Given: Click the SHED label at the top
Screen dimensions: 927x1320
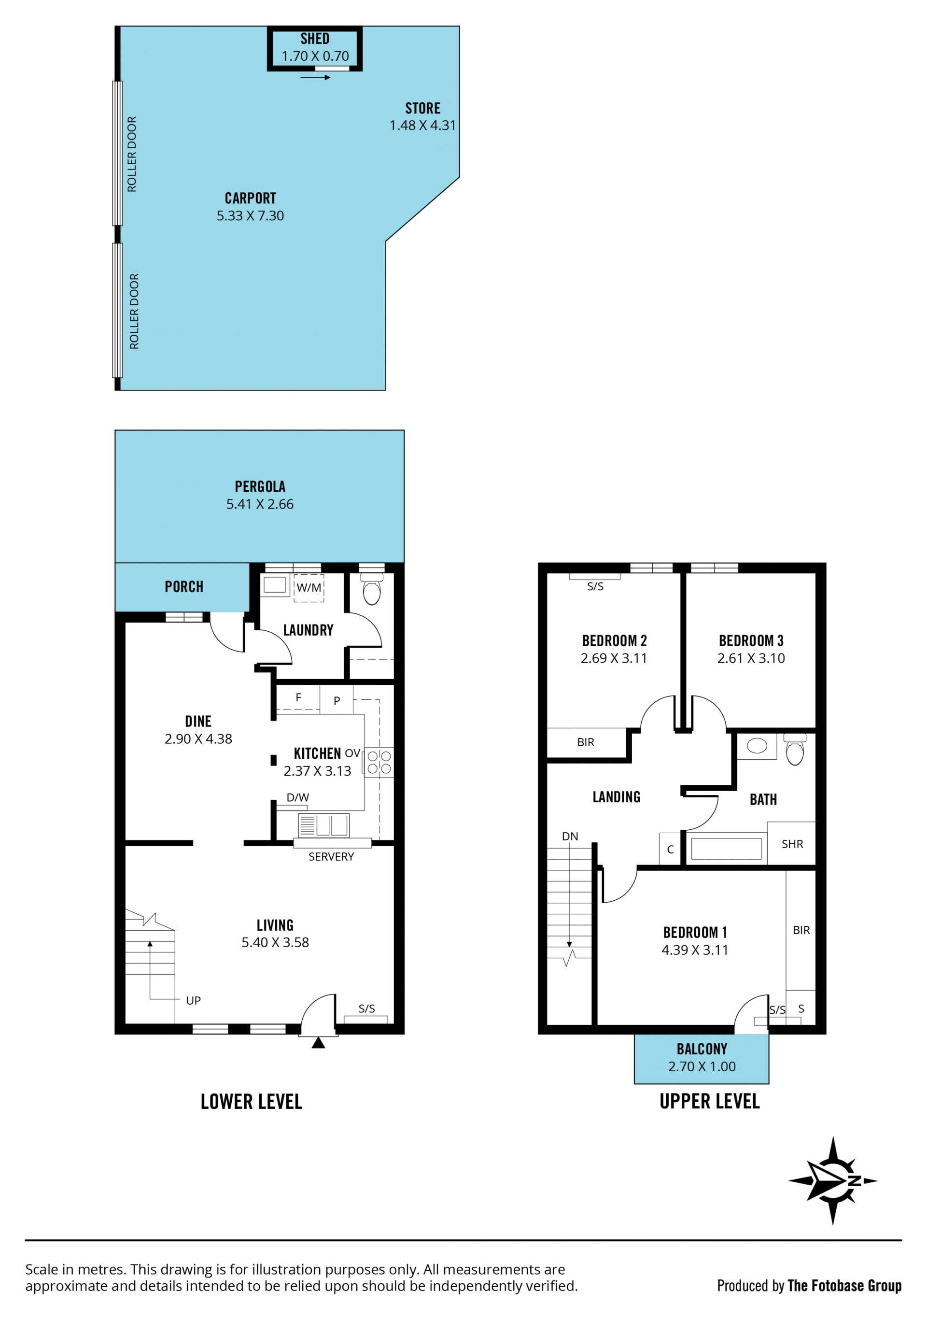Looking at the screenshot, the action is (x=314, y=39).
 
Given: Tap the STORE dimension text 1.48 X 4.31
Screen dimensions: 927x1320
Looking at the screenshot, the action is (x=422, y=125).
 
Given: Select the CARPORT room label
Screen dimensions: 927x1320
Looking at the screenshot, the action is (x=250, y=199).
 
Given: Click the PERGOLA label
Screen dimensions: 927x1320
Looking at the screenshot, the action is (x=260, y=486).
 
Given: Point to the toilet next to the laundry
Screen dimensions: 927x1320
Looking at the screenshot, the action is (x=371, y=589).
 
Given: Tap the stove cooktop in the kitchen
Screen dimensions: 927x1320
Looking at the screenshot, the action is (x=379, y=762).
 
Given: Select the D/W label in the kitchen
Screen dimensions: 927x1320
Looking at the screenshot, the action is (x=298, y=797).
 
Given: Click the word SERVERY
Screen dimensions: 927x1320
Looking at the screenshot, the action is (x=331, y=857).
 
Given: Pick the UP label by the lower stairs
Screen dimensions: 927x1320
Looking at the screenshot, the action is (x=193, y=1000).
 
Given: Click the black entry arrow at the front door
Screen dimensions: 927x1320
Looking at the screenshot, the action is (x=318, y=1042).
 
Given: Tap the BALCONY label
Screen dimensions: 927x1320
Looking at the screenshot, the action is (x=702, y=1049).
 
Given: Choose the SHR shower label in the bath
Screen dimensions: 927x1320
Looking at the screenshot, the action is (x=792, y=844).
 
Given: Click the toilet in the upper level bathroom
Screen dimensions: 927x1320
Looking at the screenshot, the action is (x=795, y=749).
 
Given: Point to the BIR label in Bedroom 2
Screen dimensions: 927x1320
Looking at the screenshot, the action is (x=586, y=742).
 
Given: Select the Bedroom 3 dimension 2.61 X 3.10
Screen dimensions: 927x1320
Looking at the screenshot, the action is (x=751, y=658).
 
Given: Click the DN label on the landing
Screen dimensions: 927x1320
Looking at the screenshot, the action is (x=570, y=837).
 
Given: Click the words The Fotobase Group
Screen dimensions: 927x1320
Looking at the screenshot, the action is (x=844, y=1286).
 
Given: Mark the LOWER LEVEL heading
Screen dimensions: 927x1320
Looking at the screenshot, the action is (x=251, y=1102).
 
